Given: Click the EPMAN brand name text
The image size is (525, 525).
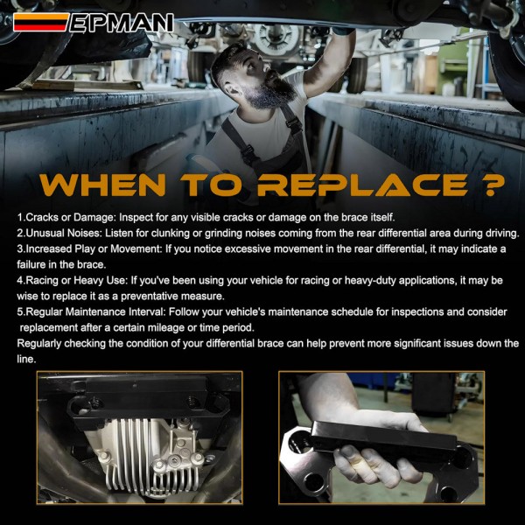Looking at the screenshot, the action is (122, 23).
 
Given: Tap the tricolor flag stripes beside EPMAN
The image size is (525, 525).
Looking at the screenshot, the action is (41, 22).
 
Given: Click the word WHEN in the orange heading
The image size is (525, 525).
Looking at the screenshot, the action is (103, 185).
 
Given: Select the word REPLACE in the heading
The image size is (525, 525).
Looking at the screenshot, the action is (362, 185).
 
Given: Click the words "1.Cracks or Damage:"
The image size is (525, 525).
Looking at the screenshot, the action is (66, 218).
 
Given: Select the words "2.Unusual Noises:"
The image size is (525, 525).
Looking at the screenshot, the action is (59, 233).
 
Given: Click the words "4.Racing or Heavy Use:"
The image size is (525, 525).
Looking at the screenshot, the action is (73, 280).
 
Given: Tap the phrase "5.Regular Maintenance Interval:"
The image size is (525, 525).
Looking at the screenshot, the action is (91, 311).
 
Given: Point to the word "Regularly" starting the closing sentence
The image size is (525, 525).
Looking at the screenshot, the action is (38, 344).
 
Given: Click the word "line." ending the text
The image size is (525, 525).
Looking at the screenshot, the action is (26, 359).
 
